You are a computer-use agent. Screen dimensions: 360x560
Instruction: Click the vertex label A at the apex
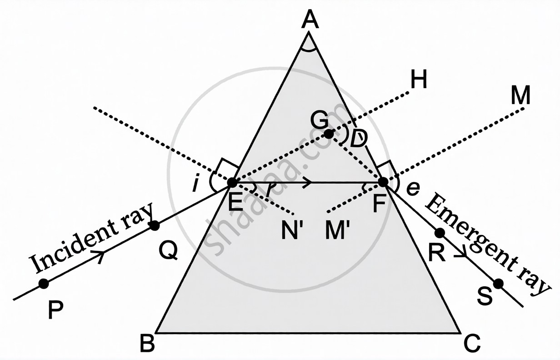311,20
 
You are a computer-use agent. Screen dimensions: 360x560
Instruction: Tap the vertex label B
147,343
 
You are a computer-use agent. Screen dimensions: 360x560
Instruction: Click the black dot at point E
232,183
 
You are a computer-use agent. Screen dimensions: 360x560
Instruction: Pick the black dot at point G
329,134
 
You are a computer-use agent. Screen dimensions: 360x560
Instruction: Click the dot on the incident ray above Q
155,225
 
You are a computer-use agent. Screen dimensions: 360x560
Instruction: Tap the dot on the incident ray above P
44,284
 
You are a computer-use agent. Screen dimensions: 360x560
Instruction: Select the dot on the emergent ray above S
498,284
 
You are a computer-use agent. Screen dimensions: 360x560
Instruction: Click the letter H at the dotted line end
418,81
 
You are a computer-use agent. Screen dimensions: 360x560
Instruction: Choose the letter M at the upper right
520,96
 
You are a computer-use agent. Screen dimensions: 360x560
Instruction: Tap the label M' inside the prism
338,231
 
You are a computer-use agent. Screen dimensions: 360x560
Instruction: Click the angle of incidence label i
195,185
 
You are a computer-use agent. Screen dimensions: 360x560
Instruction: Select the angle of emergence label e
413,188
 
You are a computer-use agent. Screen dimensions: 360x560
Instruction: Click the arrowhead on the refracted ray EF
308,182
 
